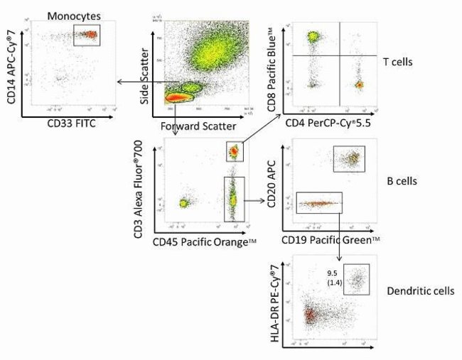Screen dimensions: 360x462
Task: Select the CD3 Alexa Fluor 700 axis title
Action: pos(147,187)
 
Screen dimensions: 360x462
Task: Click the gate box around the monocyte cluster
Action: pos(87,35)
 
